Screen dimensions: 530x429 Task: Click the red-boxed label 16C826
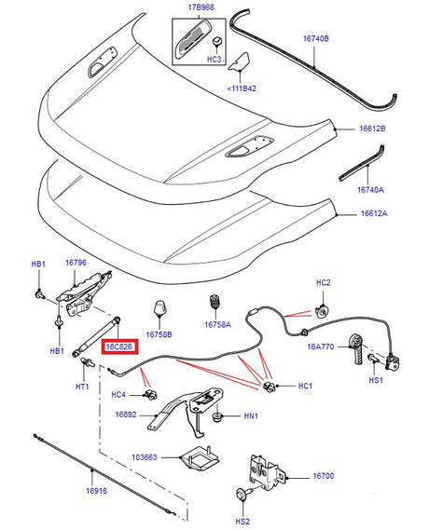click(x=119, y=347)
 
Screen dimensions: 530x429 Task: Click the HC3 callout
click(x=214, y=59)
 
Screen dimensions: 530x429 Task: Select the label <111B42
click(x=243, y=89)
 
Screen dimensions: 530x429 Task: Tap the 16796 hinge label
click(x=76, y=264)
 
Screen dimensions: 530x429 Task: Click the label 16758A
click(x=216, y=326)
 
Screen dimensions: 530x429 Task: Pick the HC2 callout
click(x=323, y=282)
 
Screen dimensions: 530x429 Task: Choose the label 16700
click(x=323, y=476)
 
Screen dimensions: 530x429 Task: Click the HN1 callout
click(x=251, y=416)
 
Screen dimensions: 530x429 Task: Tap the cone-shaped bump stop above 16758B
click(x=159, y=309)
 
